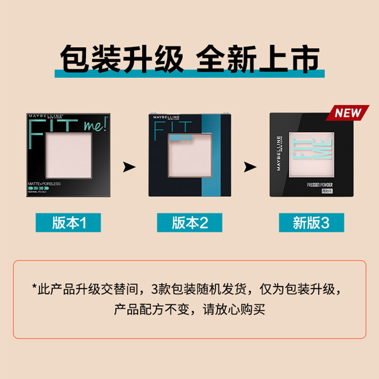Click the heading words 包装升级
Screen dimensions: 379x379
tap(122, 59)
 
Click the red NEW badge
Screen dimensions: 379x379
tap(348, 113)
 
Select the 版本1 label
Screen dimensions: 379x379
tap(68, 223)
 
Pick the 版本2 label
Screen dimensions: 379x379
tap(190, 223)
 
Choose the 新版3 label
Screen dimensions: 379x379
tap(311, 223)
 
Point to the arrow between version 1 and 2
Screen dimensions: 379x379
tap(129, 167)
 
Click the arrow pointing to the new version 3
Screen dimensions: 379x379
tap(250, 167)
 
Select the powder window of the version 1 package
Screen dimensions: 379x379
tap(68, 155)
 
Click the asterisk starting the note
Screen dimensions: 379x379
tap(35, 288)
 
